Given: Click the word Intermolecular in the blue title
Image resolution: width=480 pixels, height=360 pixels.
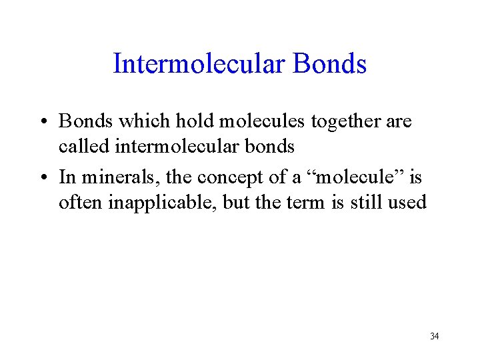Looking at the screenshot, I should pos(199,64).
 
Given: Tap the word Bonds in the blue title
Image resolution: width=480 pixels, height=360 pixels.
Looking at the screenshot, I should pos(329,64).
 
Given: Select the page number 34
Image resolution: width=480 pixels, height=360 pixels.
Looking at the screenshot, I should pos(434,336).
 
